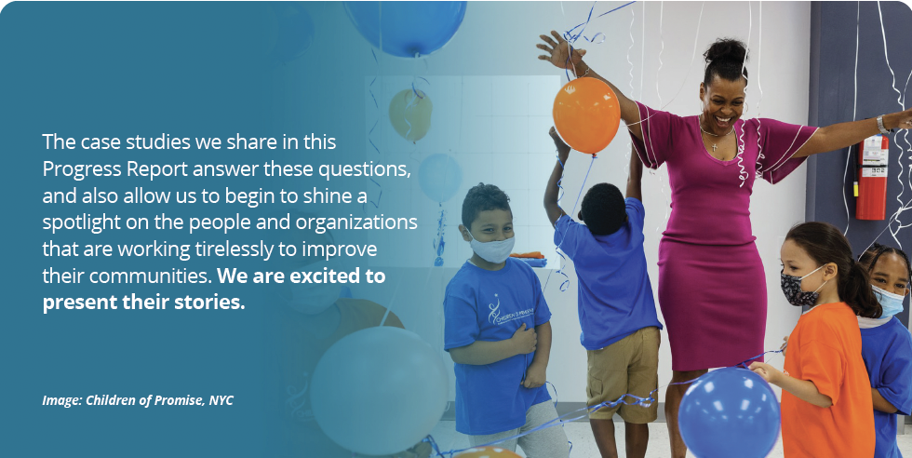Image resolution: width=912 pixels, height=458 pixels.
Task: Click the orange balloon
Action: click(x=585, y=114)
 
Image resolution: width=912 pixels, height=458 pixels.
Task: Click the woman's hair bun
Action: click(x=726, y=50)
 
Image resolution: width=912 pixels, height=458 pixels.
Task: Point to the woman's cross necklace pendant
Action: click(x=714, y=144)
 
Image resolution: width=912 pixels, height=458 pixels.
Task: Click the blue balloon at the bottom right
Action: click(x=728, y=411)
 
